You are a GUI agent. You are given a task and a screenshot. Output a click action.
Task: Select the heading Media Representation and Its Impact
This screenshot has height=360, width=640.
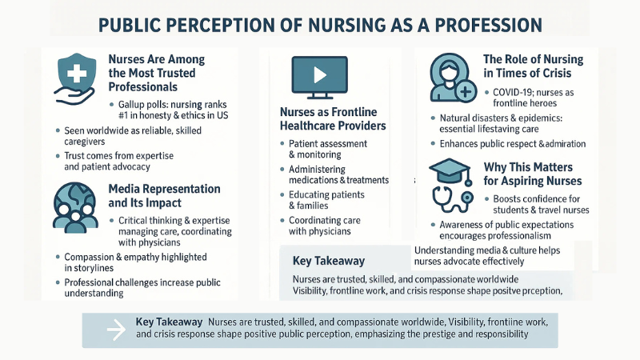point(164,196)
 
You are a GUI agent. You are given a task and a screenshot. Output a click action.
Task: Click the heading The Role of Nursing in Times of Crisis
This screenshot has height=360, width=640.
point(534,66)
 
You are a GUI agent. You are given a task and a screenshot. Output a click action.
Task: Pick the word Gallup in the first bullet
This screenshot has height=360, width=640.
point(133,106)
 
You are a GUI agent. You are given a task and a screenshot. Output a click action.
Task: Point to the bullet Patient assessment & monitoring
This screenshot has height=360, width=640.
point(327,149)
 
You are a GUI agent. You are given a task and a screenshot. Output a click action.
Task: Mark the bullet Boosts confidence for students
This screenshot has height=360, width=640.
point(541,204)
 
